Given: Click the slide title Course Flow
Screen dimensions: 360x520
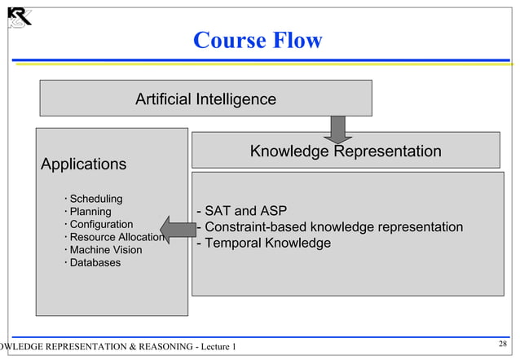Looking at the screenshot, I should pos(258,40).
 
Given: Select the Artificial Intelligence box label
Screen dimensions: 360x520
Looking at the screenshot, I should pos(205,99).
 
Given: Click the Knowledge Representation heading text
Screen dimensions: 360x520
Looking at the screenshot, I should pos(345,151).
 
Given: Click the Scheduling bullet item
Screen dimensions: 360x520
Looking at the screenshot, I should pos(95,199).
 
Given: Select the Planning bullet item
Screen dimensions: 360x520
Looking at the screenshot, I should pos(90,212).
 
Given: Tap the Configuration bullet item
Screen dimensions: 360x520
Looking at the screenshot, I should pos(100,224).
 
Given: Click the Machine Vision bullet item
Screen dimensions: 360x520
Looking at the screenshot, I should pos(105,250).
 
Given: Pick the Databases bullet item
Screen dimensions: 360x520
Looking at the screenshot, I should pos(95,262).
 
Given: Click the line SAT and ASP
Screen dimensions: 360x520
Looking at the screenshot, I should pos(241,213).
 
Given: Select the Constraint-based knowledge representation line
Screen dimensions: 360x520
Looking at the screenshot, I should pos(330,227).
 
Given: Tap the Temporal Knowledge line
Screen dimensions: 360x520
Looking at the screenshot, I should pos(263,244).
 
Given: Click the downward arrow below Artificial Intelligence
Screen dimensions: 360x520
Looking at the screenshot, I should pos(337,129).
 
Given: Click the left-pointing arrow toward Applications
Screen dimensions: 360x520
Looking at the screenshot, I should pos(177,229).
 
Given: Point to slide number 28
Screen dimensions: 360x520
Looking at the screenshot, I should pos(502,345).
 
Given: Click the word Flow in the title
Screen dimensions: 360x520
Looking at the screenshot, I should pos(297,40).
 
